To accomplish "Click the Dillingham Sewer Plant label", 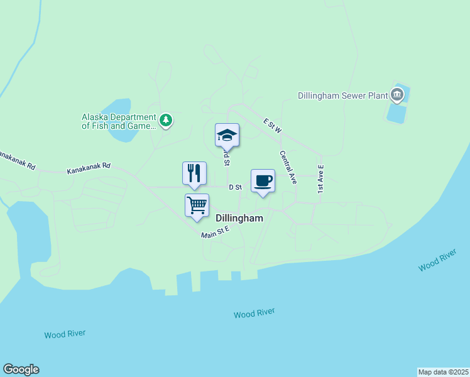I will pos(342,96).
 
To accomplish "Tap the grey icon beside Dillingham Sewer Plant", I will pos(396,96).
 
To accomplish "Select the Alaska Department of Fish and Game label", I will pos(118,121).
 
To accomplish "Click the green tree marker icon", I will pos(165,119).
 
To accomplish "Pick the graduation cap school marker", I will pos(227,135).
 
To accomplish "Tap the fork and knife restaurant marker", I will pos(194,173).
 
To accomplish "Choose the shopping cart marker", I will pos(197,205).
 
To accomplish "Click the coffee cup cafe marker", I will pos(263,181).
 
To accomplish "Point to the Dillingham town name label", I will pos(239,218).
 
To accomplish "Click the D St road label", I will pos(235,187).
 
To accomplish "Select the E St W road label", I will pos(273,124).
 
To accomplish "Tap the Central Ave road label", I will pos(288,167).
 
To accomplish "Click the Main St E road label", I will pos(216,233).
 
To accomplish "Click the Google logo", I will pos(21,369).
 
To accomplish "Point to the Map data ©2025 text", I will pos(443,371).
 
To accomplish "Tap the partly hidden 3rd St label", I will pos(226,156).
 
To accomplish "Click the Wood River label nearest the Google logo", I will pos(65,334).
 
